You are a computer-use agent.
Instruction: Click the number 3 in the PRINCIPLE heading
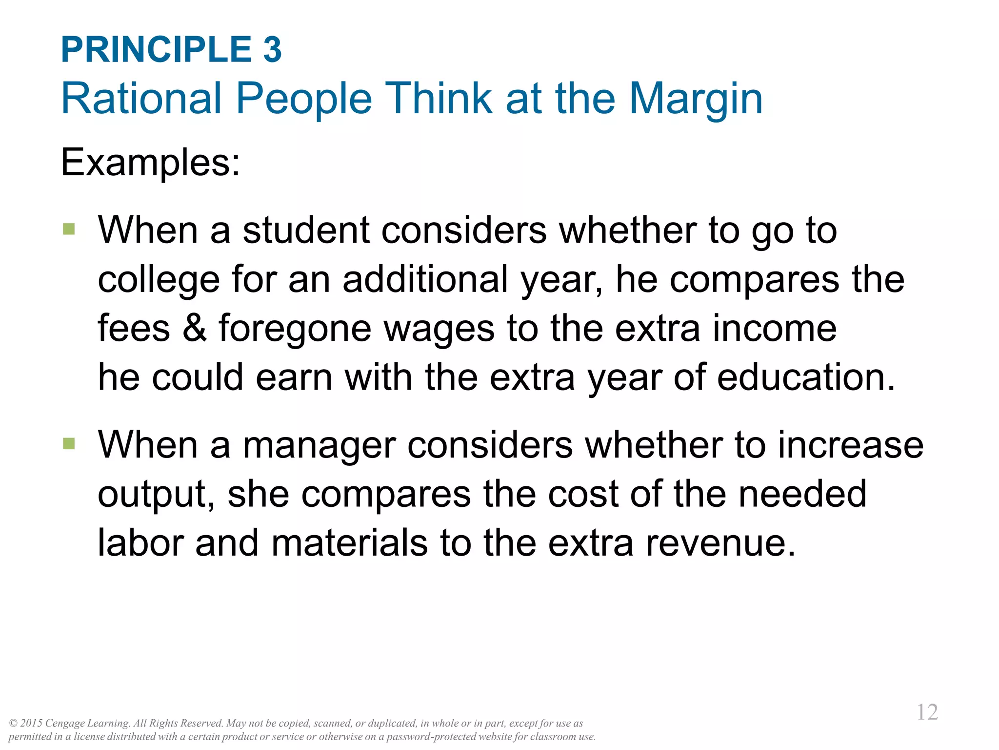click(x=272, y=50)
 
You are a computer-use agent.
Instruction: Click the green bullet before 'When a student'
click(x=69, y=229)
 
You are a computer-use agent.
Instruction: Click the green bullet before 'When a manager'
click(x=69, y=443)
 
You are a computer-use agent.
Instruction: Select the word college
click(x=159, y=280)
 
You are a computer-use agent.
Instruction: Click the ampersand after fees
click(x=194, y=328)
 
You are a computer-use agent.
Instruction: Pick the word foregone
click(x=295, y=329)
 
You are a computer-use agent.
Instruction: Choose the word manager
click(x=319, y=446)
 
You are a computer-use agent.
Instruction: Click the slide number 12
click(x=927, y=712)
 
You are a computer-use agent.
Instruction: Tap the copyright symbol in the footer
click(x=13, y=723)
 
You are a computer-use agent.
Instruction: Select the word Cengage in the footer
click(x=65, y=724)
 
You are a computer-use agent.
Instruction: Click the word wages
click(x=439, y=329)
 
